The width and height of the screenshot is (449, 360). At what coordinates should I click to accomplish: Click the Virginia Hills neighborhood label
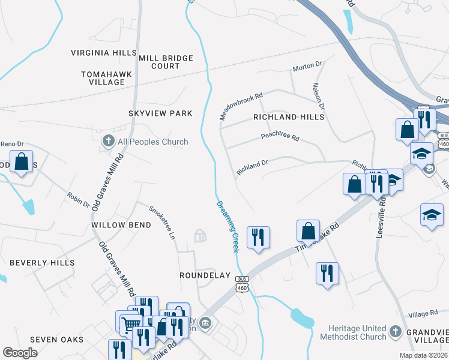(x=104, y=53)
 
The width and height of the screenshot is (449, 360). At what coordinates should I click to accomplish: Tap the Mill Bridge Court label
(x=166, y=62)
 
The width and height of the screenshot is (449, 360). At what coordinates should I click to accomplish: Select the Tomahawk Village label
(x=103, y=78)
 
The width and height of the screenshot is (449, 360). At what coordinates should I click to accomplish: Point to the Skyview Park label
(x=160, y=113)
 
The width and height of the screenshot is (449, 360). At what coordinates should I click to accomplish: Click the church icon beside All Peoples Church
(x=108, y=142)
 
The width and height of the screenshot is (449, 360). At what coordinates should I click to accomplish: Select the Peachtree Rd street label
(x=280, y=137)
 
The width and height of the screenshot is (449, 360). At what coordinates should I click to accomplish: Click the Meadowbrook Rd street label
(x=241, y=106)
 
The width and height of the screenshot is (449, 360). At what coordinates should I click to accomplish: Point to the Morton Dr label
(x=307, y=68)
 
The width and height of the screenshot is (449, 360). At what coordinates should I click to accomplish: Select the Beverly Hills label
(x=42, y=263)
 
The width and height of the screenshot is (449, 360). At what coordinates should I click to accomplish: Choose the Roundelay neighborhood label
(x=205, y=275)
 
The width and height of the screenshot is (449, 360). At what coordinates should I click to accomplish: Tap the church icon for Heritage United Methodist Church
(x=395, y=331)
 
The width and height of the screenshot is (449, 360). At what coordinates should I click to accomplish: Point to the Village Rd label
(x=423, y=314)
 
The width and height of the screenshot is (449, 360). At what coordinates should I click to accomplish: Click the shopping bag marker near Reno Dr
(x=22, y=162)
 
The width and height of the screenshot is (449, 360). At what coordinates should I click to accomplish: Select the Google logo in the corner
(x=20, y=353)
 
